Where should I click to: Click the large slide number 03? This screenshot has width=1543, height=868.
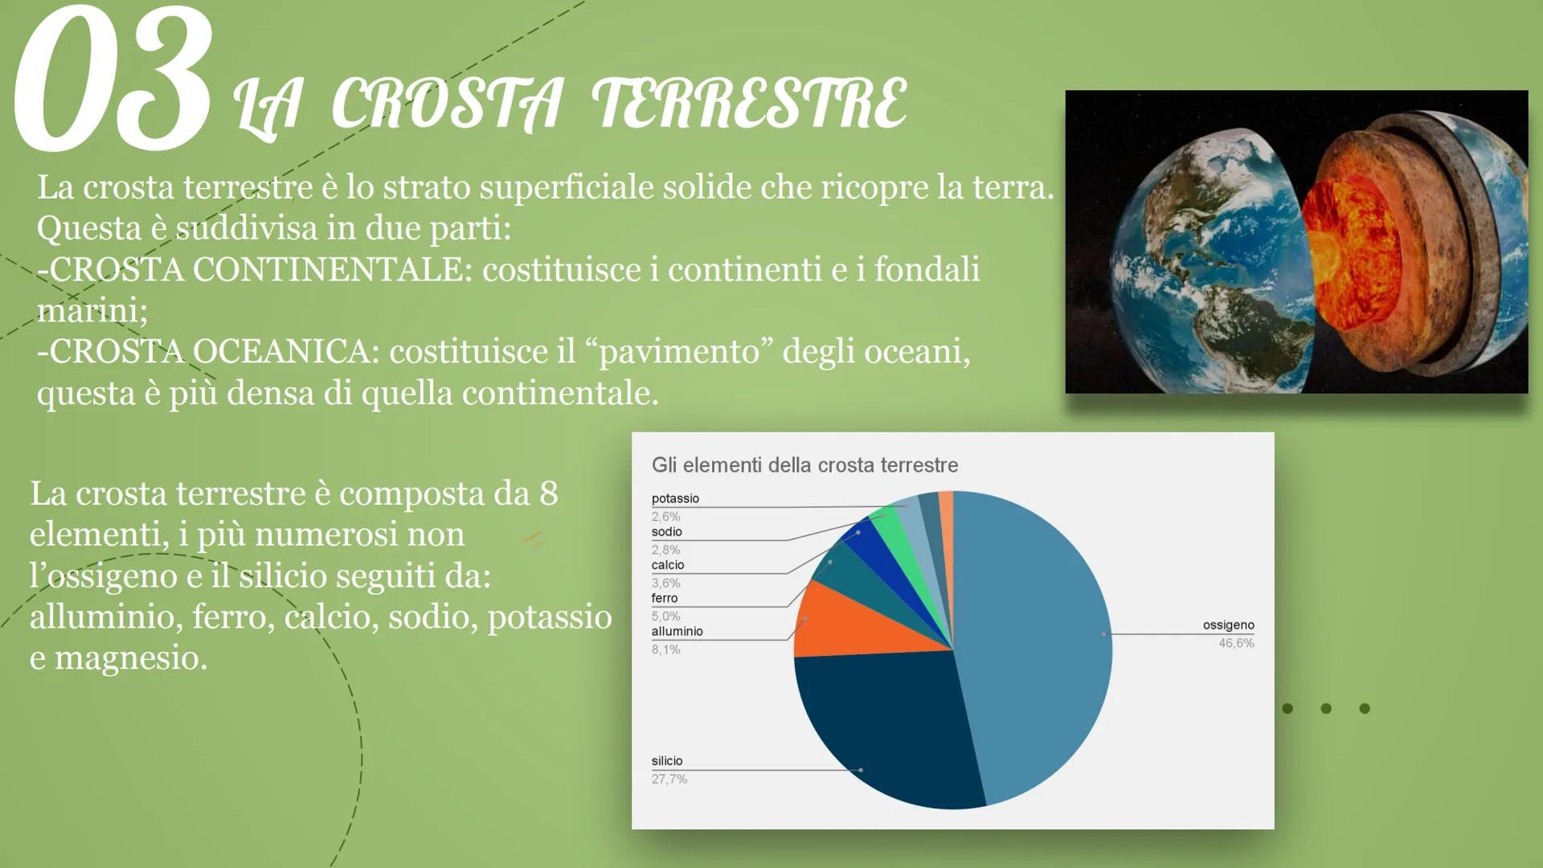pos(113,80)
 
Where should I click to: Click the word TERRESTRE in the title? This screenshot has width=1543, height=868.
pos(749,104)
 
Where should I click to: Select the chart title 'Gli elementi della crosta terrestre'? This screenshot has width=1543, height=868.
pos(804,465)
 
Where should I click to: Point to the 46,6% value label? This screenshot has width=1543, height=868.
pos(1236,643)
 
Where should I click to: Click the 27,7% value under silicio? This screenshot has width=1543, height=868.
pos(669,779)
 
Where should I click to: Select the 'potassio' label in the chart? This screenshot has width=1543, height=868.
pos(675,498)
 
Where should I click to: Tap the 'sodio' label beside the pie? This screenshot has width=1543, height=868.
pos(666,532)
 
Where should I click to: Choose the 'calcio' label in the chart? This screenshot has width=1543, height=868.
pos(667,565)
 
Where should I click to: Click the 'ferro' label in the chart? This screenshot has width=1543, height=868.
pos(664,598)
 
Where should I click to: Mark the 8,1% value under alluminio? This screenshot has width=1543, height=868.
pos(665,649)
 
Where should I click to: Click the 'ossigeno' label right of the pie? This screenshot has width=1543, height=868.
pos(1228,625)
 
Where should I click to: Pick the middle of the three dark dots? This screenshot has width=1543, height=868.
pos(1326,708)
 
